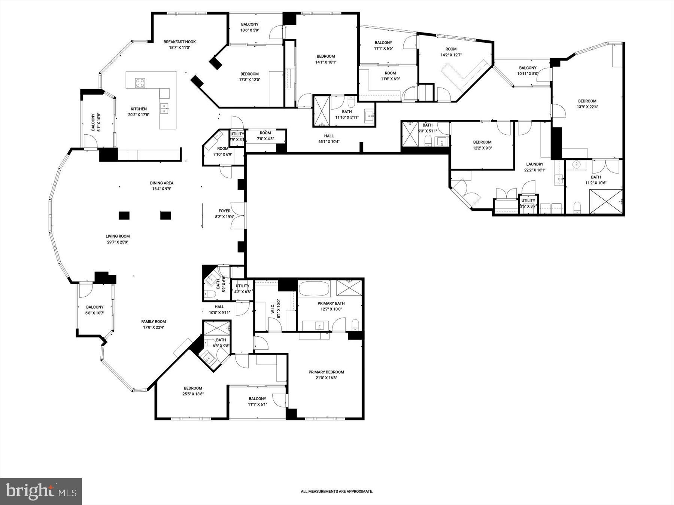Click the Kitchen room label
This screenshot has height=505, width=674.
139,109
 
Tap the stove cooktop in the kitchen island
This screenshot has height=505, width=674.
140,83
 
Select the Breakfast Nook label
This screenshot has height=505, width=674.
179,42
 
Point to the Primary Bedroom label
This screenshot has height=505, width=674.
326,372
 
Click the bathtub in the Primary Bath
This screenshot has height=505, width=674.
314,289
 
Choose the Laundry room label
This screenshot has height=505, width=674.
534,164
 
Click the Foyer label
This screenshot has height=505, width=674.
225,211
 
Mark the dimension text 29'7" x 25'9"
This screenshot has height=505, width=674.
118,242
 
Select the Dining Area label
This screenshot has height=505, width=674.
161,183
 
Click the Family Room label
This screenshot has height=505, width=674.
154,322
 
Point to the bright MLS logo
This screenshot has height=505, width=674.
41,491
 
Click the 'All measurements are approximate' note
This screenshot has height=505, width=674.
337,492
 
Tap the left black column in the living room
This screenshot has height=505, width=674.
124,215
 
